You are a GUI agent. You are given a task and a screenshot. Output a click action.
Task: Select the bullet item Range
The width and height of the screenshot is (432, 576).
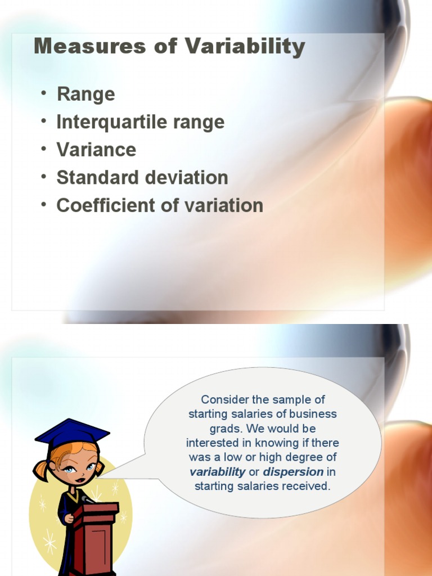[85, 94]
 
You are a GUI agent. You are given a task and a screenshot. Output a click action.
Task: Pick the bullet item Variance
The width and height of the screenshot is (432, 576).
[96, 150]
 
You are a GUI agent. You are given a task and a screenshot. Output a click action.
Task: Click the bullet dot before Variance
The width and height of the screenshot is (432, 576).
[44, 149]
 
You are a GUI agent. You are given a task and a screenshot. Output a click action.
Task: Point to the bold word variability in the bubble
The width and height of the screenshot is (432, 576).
[217, 472]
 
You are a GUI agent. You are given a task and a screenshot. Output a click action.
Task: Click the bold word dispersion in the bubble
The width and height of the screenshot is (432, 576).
[293, 472]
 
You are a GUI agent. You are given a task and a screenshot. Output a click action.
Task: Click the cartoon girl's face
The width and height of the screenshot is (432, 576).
[77, 466]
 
